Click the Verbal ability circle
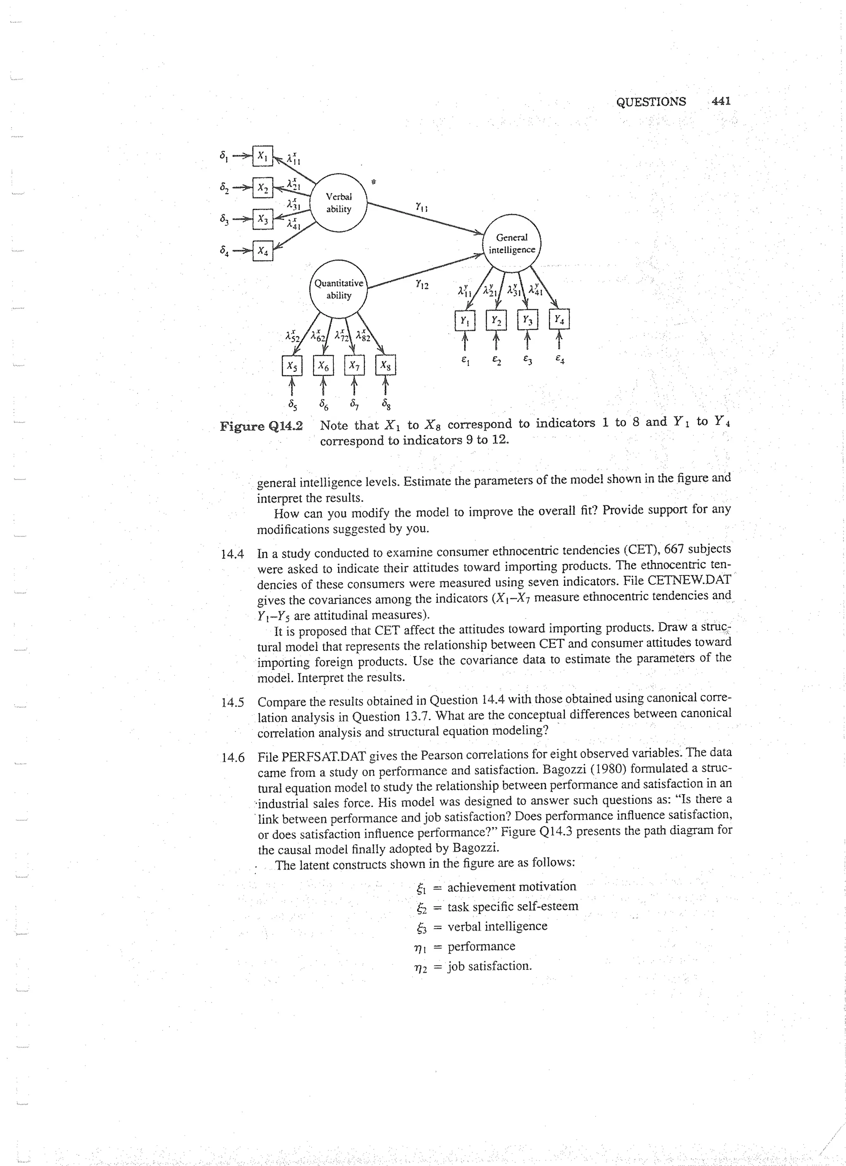coord(338,203)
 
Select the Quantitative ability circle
coord(338,289)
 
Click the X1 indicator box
coord(262,156)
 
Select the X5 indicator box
coord(292,366)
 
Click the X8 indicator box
coord(386,366)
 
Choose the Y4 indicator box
coord(559,320)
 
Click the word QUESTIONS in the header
coord(651,102)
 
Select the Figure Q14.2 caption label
coord(261,426)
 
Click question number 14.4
coord(232,554)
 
